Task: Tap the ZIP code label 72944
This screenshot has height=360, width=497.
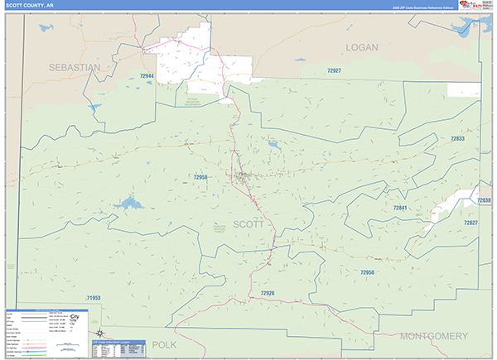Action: (x=147, y=76)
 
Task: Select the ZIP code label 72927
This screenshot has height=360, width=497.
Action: (x=334, y=71)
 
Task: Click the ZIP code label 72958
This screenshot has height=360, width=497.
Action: (x=200, y=177)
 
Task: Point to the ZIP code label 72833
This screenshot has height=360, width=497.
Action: (x=458, y=139)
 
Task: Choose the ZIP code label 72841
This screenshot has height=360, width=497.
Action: (x=401, y=209)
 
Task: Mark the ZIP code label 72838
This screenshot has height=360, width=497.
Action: (x=484, y=200)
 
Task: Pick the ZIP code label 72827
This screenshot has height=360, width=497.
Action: (x=470, y=223)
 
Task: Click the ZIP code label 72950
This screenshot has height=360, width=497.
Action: (x=368, y=271)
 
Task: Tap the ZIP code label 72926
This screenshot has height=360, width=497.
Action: (x=267, y=294)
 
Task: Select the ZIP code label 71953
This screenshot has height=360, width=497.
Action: (x=93, y=298)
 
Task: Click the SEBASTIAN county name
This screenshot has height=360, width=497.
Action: (x=75, y=66)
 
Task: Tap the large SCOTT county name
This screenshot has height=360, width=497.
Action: (x=248, y=224)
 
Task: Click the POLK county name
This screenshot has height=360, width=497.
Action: (x=165, y=343)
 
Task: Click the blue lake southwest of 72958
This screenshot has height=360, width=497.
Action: (x=128, y=202)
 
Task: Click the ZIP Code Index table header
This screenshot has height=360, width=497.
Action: (x=116, y=341)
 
